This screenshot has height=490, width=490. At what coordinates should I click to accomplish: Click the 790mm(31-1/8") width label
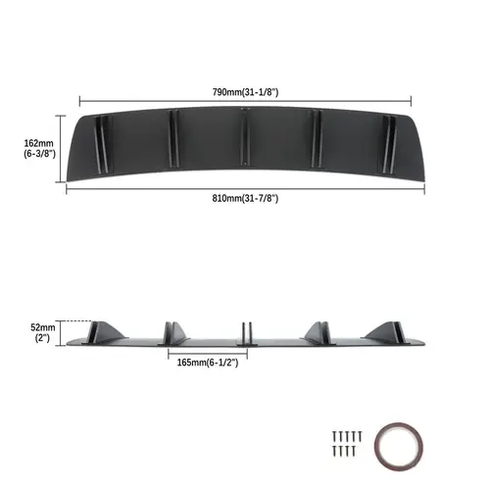point(243,90)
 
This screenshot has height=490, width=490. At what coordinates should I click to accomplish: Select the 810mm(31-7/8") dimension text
point(243,199)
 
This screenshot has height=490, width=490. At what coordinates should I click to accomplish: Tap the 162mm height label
point(38,148)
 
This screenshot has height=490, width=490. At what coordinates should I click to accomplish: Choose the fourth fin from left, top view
point(317,134)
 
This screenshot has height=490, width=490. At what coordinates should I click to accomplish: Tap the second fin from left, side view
point(172,331)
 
